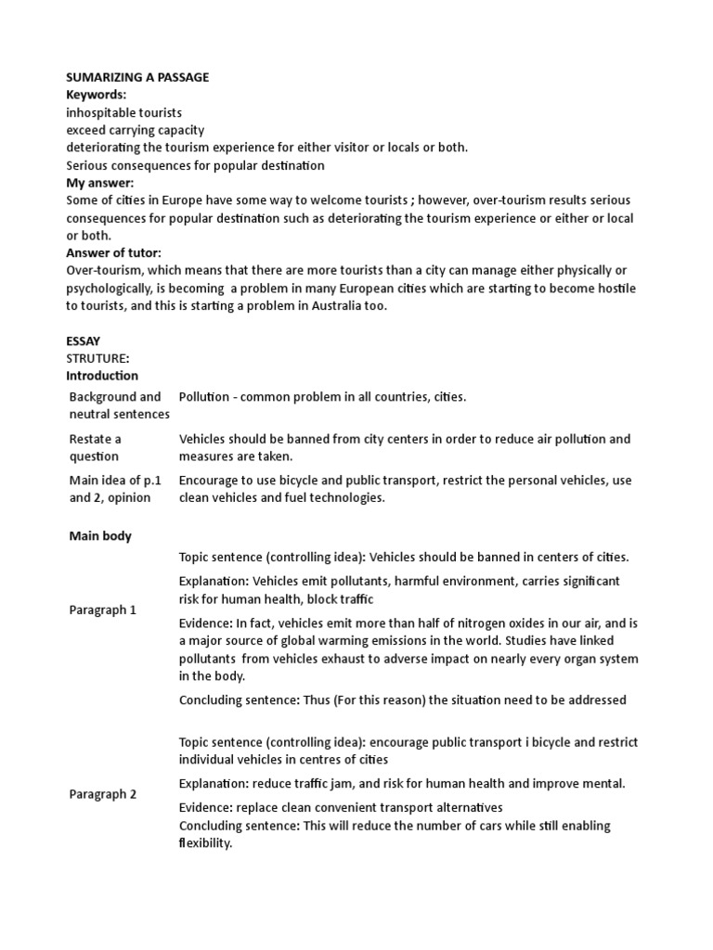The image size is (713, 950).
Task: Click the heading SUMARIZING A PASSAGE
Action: [x=137, y=77]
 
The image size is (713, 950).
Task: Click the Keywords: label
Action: [x=96, y=95]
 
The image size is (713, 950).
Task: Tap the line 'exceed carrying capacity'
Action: [x=136, y=130]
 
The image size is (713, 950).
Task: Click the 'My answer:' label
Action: [x=100, y=183]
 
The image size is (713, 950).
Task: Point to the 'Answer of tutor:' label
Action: [x=113, y=252]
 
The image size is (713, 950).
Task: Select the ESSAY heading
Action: [x=84, y=340]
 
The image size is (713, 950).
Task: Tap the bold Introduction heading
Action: [x=102, y=376]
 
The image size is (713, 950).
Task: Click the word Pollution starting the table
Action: [x=204, y=397]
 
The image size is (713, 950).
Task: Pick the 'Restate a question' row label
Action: [x=95, y=447]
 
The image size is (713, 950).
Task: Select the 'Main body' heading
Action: [x=101, y=535]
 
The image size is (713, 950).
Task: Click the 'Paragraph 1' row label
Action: [x=103, y=610]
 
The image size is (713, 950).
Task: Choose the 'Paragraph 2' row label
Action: [x=103, y=794]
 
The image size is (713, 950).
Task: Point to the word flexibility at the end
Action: [x=204, y=843]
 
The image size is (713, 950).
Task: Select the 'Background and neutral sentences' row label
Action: [x=119, y=405]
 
